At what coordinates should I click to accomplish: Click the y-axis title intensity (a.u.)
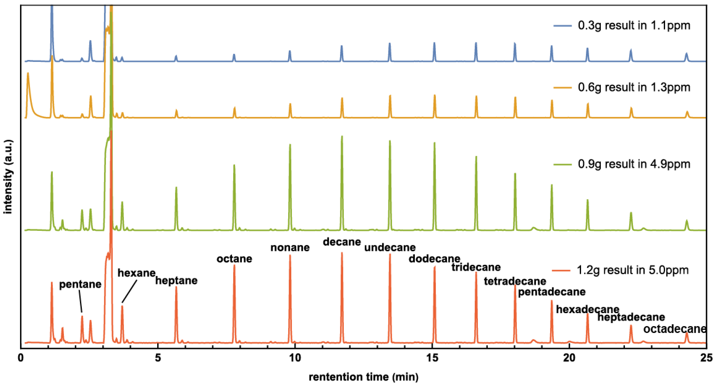(x=8, y=177)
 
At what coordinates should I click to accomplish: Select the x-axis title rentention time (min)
(x=364, y=377)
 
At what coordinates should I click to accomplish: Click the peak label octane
(x=234, y=259)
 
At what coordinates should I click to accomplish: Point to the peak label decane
(x=342, y=242)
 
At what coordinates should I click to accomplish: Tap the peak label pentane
(x=80, y=284)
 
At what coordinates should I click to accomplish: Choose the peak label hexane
(x=136, y=273)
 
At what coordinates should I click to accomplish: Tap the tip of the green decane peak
(x=342, y=136)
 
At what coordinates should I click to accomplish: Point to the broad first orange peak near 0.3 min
(x=28, y=74)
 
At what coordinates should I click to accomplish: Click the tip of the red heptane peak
(x=176, y=287)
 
